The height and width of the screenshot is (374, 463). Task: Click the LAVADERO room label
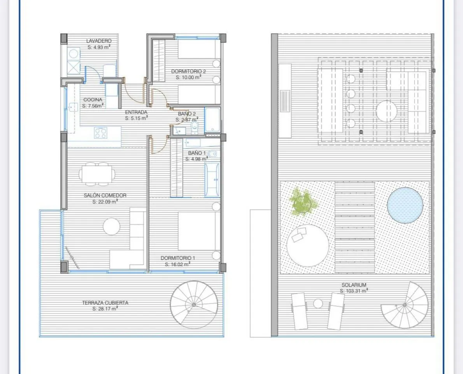tap(99, 41)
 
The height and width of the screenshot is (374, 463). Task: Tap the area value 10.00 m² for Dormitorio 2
tap(188, 77)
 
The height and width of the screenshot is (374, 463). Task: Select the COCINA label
tap(93, 100)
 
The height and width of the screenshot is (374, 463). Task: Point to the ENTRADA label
tap(136, 112)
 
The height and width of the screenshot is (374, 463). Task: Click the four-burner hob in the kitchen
tap(101, 133)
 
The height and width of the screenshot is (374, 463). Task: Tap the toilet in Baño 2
tap(195, 127)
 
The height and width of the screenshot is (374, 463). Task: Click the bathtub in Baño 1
tap(212, 180)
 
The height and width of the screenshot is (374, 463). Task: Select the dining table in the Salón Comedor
tap(97, 174)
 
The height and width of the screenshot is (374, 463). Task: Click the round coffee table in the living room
tap(112, 226)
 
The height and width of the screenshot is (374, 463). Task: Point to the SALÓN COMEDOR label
tap(105, 195)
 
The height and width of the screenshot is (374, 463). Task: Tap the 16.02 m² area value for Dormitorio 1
tap(177, 264)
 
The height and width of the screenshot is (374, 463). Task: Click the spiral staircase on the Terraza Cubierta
tap(194, 305)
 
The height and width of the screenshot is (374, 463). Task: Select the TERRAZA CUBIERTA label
tap(105, 302)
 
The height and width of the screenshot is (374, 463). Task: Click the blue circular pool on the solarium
tap(405, 205)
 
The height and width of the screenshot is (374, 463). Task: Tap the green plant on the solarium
tap(303, 202)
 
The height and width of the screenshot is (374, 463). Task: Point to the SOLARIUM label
tap(354, 285)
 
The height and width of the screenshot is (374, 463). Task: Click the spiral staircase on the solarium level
tap(405, 305)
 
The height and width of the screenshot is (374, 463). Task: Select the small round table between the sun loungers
tap(318, 303)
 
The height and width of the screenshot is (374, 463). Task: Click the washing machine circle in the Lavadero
tap(74, 54)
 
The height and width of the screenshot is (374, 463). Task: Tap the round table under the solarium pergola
tap(386, 111)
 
